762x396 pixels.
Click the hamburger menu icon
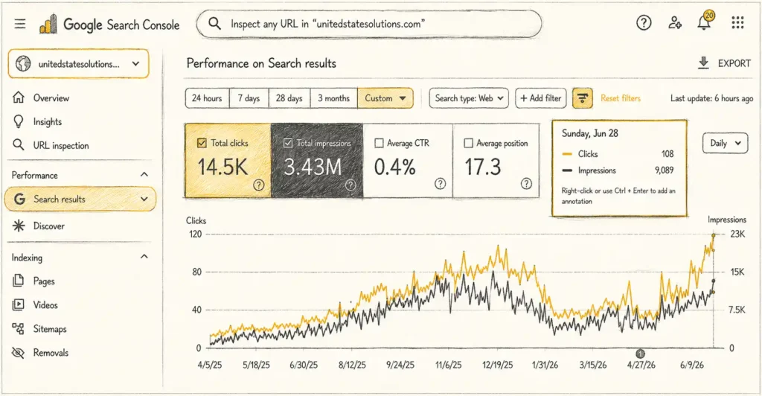click(20, 23)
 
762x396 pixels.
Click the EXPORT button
click(724, 63)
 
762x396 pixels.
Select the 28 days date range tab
click(289, 98)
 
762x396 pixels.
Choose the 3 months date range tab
click(334, 98)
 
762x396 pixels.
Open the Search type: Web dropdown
click(469, 98)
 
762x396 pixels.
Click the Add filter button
click(541, 98)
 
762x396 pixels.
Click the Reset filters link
click(621, 98)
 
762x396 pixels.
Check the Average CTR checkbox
click(379, 144)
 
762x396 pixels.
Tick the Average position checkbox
click(469, 144)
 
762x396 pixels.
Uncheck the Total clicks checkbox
click(202, 143)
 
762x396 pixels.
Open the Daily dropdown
click(725, 144)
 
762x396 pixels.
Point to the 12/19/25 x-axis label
click(497, 365)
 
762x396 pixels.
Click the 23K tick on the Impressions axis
click(737, 234)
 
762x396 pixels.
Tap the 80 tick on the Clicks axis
click(196, 272)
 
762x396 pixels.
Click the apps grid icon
click(737, 23)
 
